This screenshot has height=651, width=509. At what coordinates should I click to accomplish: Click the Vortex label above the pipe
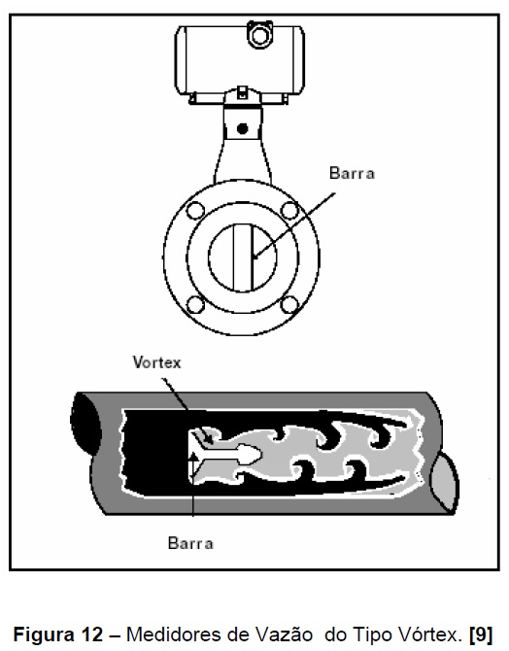157,362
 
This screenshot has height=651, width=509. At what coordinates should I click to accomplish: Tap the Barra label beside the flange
352,173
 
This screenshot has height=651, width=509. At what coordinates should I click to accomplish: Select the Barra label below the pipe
190,543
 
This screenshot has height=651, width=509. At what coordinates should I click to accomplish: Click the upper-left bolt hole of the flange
195,211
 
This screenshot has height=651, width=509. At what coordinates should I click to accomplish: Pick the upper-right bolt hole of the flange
289,211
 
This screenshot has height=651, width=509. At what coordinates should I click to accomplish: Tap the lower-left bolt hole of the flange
195,304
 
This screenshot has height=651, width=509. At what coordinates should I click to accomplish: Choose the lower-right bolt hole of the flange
289,304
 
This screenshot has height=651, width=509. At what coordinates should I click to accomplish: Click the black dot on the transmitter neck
243,128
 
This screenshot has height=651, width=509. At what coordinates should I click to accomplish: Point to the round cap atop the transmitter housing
260,35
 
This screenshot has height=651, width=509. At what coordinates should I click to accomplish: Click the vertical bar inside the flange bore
243,257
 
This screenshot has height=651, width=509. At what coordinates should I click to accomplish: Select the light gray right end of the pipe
446,481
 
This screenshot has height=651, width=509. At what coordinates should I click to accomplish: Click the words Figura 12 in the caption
57,634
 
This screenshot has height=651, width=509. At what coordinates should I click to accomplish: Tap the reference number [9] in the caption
481,634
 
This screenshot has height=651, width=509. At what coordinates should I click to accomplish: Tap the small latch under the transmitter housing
243,92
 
